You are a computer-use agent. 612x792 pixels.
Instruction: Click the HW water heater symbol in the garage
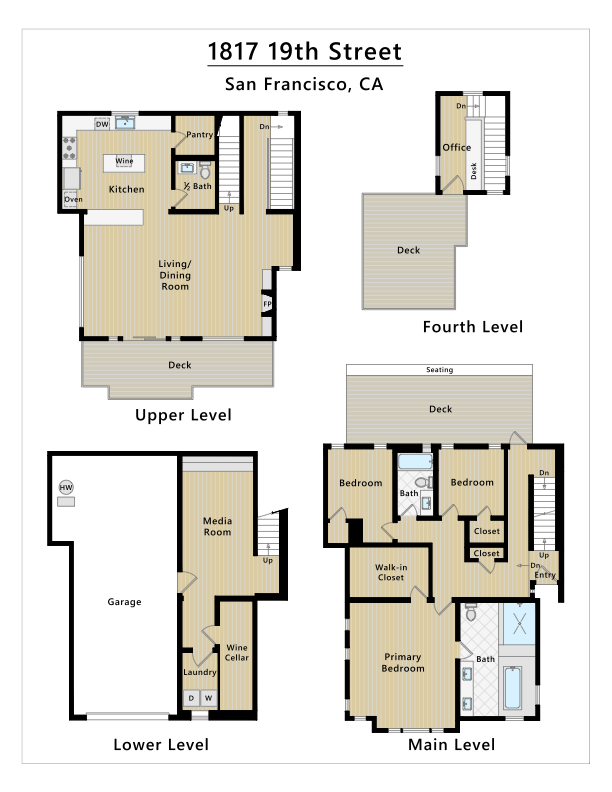[66, 487]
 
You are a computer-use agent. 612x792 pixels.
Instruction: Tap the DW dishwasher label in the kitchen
[102, 124]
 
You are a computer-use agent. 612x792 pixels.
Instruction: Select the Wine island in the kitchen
[124, 163]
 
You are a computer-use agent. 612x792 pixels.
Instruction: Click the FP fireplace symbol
[267, 304]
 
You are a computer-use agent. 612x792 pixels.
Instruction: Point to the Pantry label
[199, 135]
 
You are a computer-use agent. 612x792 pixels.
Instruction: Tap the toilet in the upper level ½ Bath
[205, 171]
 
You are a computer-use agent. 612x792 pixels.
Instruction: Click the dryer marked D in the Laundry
[191, 699]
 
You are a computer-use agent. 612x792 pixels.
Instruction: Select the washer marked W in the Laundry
[209, 699]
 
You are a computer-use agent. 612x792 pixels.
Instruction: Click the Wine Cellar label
[237, 653]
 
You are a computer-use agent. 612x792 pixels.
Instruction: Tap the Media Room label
[217, 526]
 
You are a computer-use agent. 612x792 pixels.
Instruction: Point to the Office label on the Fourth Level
[456, 147]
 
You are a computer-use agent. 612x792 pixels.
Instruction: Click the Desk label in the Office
[474, 171]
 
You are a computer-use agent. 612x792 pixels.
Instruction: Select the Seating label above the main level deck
[439, 370]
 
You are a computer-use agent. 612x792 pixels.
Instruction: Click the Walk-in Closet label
[391, 572]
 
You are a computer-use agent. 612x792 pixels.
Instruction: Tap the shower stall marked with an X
[519, 623]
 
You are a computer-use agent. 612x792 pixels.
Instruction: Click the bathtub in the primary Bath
[513, 687]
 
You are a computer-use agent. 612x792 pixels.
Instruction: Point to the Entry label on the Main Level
[545, 575]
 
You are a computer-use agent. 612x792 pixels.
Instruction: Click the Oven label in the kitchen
[73, 200]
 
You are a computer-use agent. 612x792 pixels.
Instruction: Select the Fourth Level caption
[473, 327]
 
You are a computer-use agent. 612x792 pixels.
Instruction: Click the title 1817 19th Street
[305, 52]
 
